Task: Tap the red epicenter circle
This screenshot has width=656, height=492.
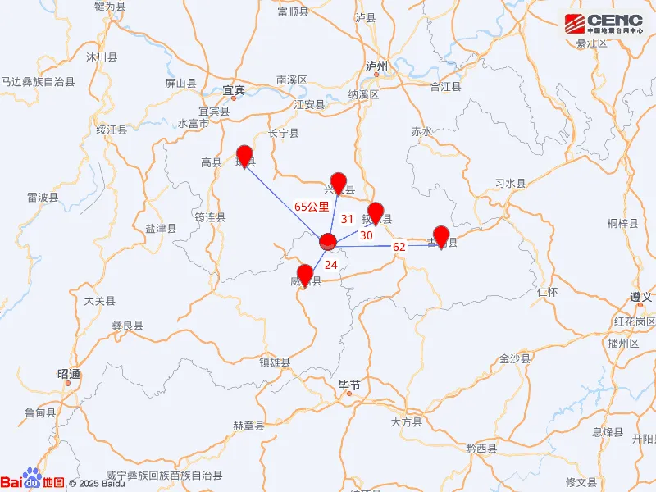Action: (x=328, y=242)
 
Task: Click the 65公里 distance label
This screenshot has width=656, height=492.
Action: (x=312, y=207)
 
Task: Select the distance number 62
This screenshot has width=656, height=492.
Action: (x=399, y=247)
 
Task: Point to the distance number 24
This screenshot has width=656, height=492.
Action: (x=330, y=264)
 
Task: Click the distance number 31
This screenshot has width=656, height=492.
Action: (x=347, y=219)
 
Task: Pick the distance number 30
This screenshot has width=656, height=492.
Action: (x=367, y=235)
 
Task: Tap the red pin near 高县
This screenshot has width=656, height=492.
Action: (x=244, y=156)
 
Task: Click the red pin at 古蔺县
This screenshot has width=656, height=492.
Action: (x=441, y=236)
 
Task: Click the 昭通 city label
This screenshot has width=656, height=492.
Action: (x=70, y=374)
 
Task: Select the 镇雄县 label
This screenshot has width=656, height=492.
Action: (x=275, y=361)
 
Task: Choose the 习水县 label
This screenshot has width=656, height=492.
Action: (x=510, y=184)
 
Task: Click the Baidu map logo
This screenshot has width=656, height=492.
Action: (x=33, y=482)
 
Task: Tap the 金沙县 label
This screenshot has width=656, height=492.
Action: (x=515, y=359)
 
